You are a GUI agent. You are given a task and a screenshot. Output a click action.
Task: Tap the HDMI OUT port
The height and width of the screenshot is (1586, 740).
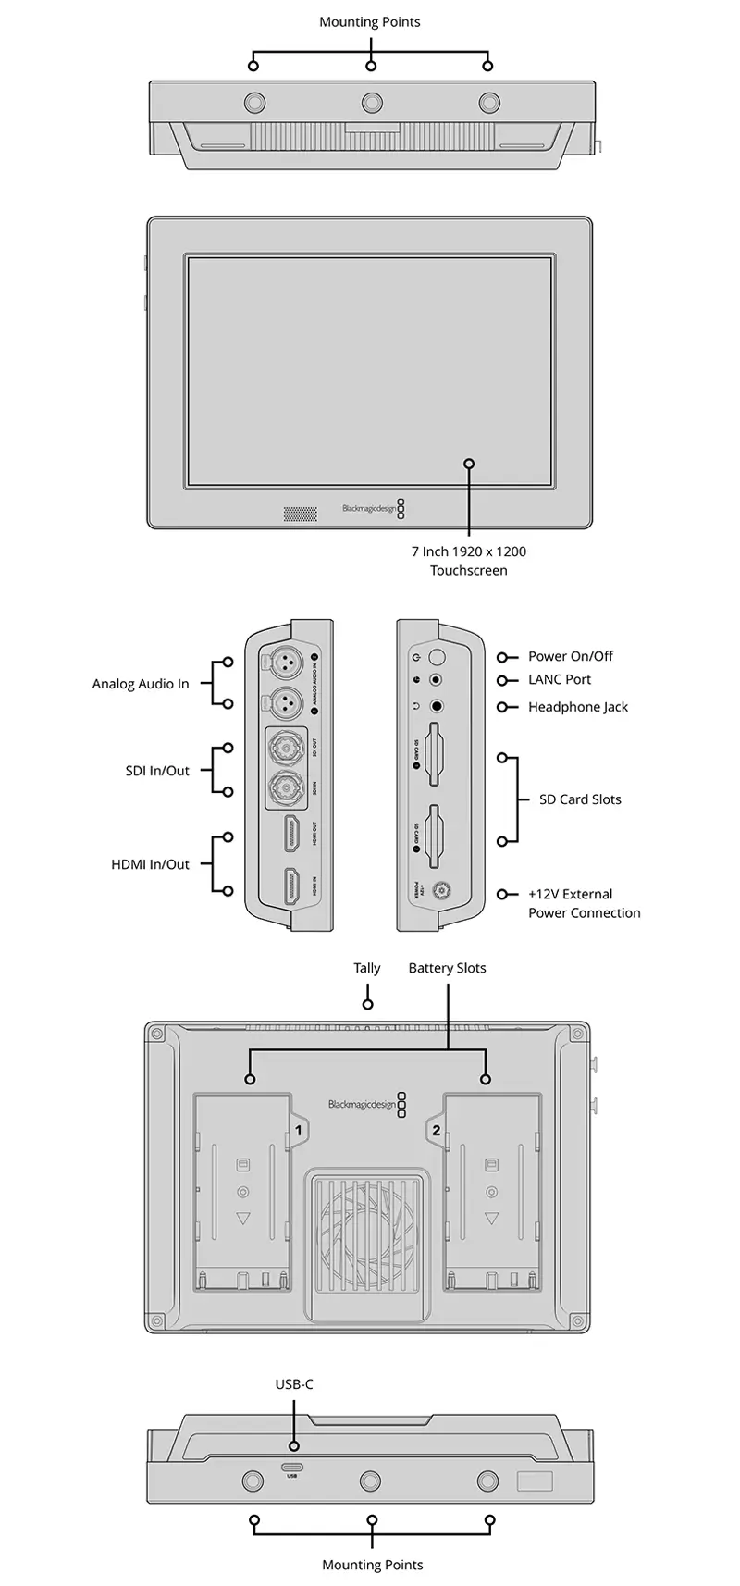point(290,836)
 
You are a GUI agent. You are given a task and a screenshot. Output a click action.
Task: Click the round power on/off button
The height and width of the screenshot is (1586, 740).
point(438,656)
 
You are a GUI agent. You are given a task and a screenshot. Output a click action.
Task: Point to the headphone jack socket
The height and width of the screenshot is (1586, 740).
point(437,707)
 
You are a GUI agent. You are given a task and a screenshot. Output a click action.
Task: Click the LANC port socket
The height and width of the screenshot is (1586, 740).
point(437,680)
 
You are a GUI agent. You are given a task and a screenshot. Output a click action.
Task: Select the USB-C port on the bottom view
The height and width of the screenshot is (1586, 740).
point(292,1468)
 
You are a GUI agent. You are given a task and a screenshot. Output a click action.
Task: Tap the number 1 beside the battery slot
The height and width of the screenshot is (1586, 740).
point(299,1130)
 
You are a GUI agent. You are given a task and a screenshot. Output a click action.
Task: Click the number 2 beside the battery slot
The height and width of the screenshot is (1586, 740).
point(436,1130)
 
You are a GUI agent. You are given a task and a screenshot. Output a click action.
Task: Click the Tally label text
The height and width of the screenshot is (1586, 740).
point(367,968)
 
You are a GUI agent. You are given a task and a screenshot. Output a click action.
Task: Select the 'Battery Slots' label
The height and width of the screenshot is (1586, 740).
point(447,968)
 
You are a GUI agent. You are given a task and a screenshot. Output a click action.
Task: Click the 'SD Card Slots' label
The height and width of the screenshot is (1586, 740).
point(580,799)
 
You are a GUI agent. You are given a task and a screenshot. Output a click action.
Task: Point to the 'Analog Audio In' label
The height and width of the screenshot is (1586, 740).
point(141,684)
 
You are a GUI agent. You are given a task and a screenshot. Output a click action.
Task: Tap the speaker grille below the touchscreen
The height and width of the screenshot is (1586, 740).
point(299,511)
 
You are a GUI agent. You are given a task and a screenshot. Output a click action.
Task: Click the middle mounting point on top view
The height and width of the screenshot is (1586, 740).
point(371,101)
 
